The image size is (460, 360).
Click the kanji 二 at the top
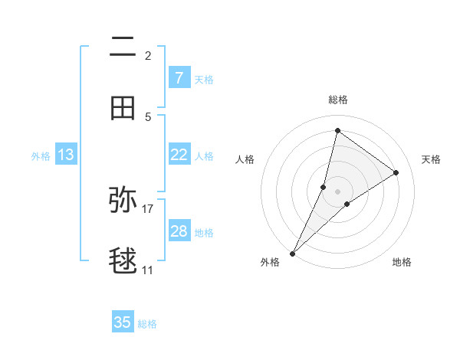(x=123, y=48)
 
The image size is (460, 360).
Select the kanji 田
(x=123, y=108)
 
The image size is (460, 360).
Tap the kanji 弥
(x=123, y=198)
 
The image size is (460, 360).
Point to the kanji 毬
(x=123, y=261)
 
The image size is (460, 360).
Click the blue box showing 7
(x=179, y=77)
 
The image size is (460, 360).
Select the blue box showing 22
(x=179, y=155)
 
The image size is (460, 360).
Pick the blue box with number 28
(x=179, y=231)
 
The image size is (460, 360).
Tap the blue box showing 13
(x=66, y=155)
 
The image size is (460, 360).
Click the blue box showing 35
(x=123, y=322)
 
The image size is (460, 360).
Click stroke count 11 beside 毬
(x=148, y=270)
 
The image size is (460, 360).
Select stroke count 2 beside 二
(x=148, y=56)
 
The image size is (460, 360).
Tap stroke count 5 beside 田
(x=148, y=117)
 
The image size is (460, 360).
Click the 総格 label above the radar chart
(x=338, y=100)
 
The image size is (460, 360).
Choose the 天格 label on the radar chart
(x=432, y=159)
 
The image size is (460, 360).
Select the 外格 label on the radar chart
(x=270, y=263)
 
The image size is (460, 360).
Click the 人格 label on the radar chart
(x=245, y=159)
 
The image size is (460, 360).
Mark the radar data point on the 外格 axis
(x=292, y=253)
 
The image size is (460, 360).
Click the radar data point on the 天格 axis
(x=396, y=172)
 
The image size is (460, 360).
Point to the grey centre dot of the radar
(x=338, y=191)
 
